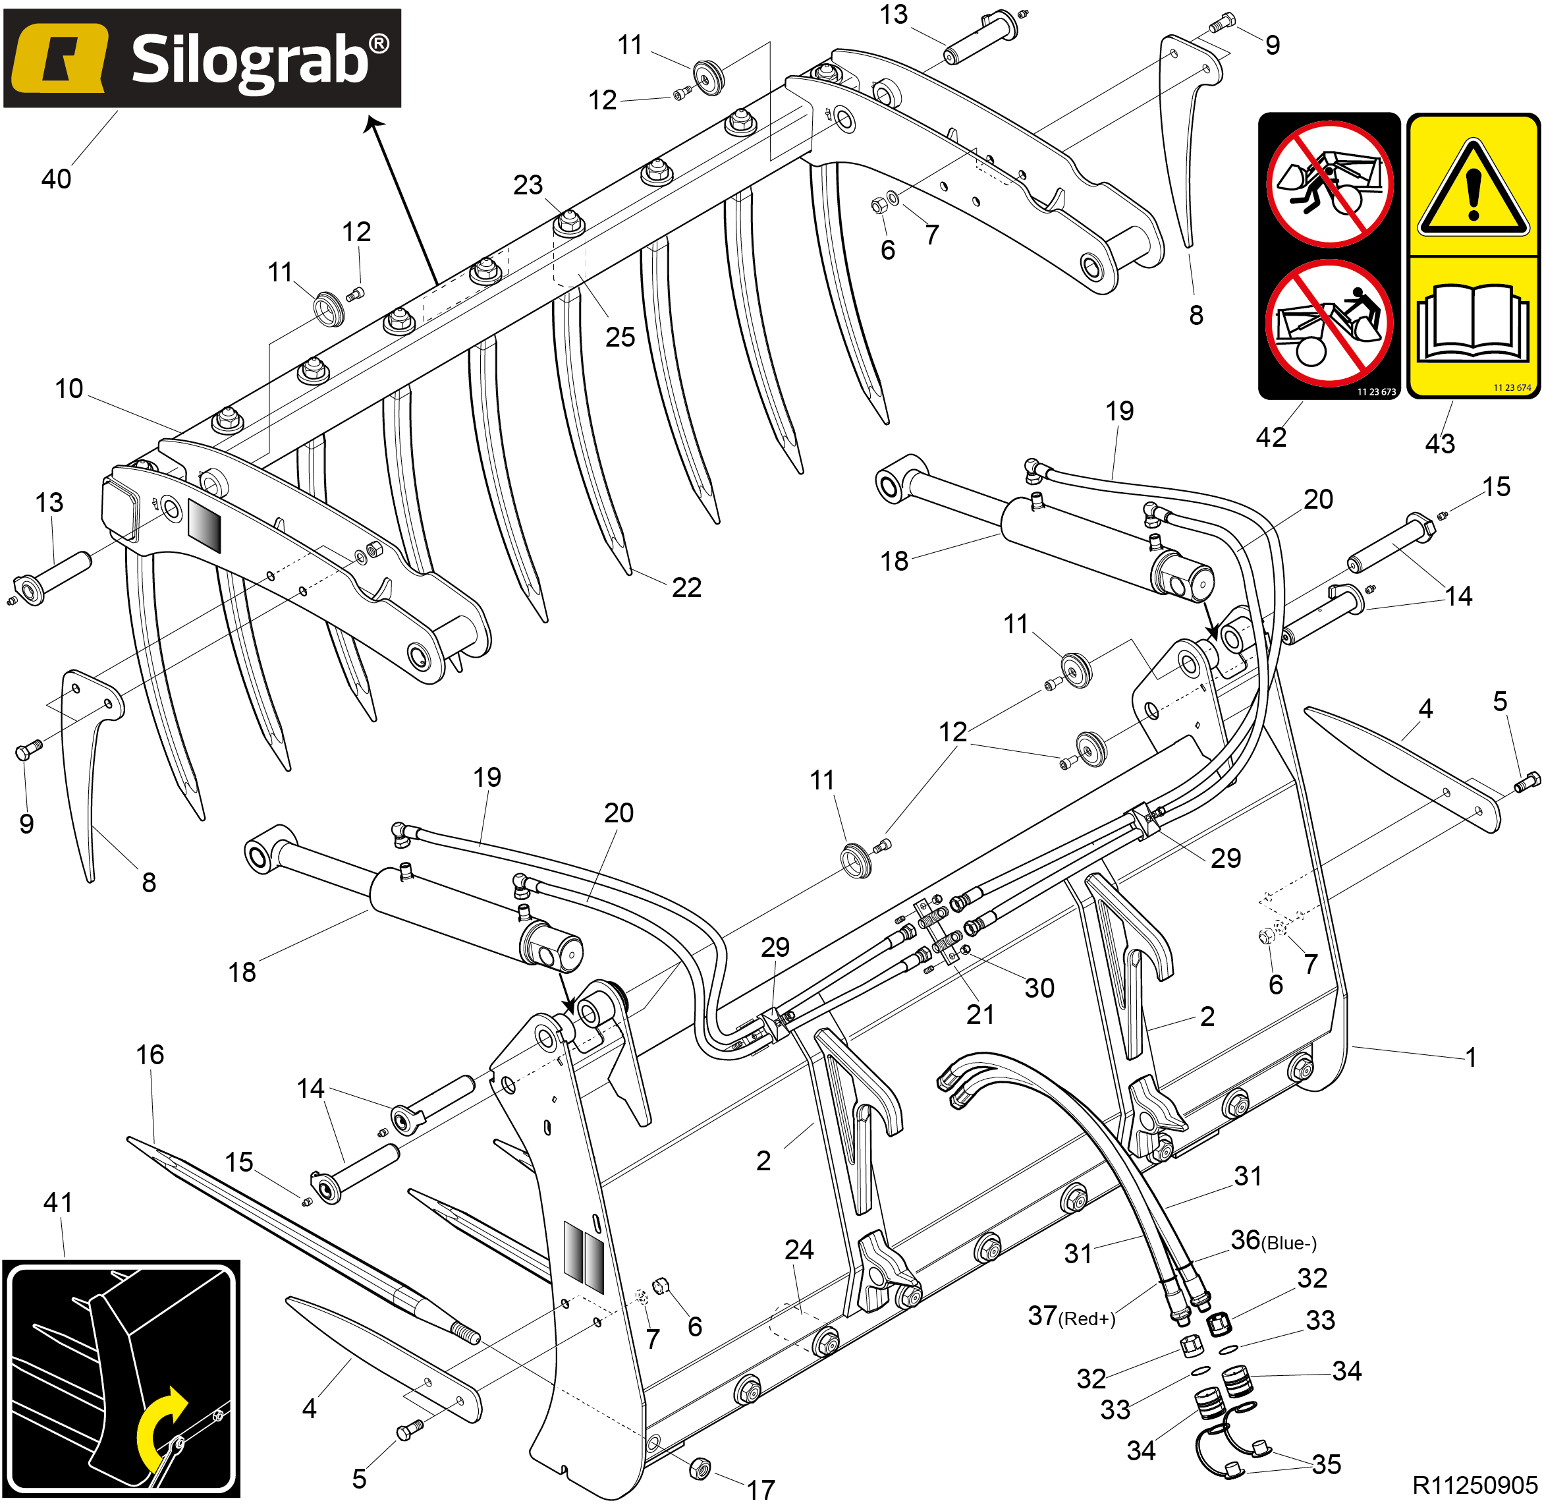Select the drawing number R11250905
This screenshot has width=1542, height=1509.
pos(1474,1485)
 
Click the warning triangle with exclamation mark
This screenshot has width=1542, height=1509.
pos(1472,188)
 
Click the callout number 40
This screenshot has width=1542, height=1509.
pos(56,179)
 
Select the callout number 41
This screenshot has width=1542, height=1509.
pos(58,1203)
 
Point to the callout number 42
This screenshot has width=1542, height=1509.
pos(1271,438)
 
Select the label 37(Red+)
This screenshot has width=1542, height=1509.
pos(1071,1317)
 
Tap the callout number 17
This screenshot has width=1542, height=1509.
pos(761,1490)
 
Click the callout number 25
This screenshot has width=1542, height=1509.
pos(620,337)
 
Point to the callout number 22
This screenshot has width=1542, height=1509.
pos(686,588)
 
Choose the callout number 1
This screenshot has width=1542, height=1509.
pos(1471,1057)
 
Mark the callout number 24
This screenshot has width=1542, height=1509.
pos(799,1250)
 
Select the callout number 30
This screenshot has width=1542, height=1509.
pos(1039,988)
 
